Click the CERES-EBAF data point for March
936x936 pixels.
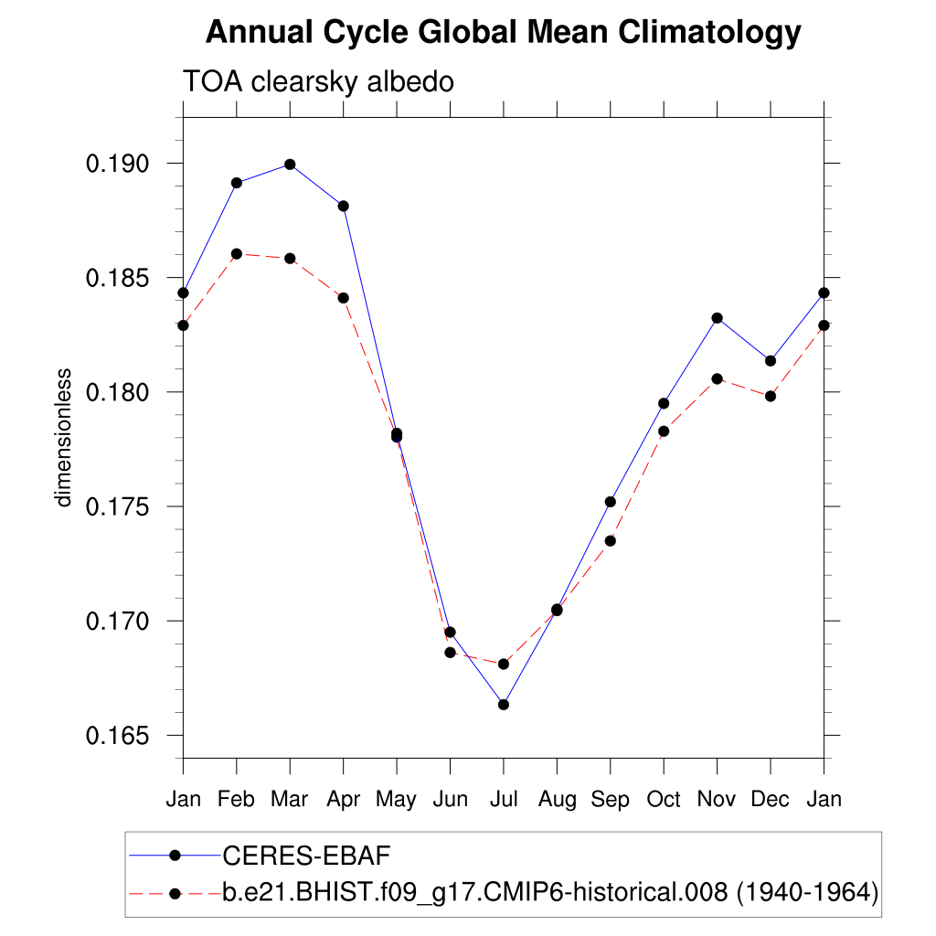290,165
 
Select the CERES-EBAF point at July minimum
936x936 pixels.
504,704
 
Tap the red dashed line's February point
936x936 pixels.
237,253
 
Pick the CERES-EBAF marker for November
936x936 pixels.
718,318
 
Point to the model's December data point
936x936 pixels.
771,396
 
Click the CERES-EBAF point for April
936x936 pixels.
344,206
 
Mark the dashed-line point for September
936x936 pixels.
611,540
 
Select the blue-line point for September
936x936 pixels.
611,502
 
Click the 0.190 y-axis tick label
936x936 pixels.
117,165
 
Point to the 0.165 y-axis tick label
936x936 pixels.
117,736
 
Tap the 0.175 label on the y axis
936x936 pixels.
117,507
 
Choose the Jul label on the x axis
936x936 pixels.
504,800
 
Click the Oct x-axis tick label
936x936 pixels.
664,800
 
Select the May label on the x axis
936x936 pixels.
397,800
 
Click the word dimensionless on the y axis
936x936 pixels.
63,437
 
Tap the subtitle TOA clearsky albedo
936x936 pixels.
319,82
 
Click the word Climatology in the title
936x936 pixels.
709,33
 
